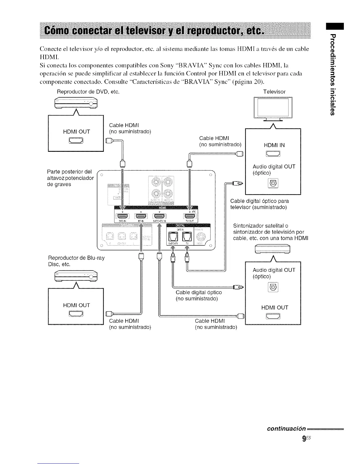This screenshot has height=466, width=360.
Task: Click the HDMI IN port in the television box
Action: click(273, 154)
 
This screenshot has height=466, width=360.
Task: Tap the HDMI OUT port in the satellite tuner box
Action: click(273, 316)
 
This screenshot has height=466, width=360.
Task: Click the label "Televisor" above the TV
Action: click(274, 92)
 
